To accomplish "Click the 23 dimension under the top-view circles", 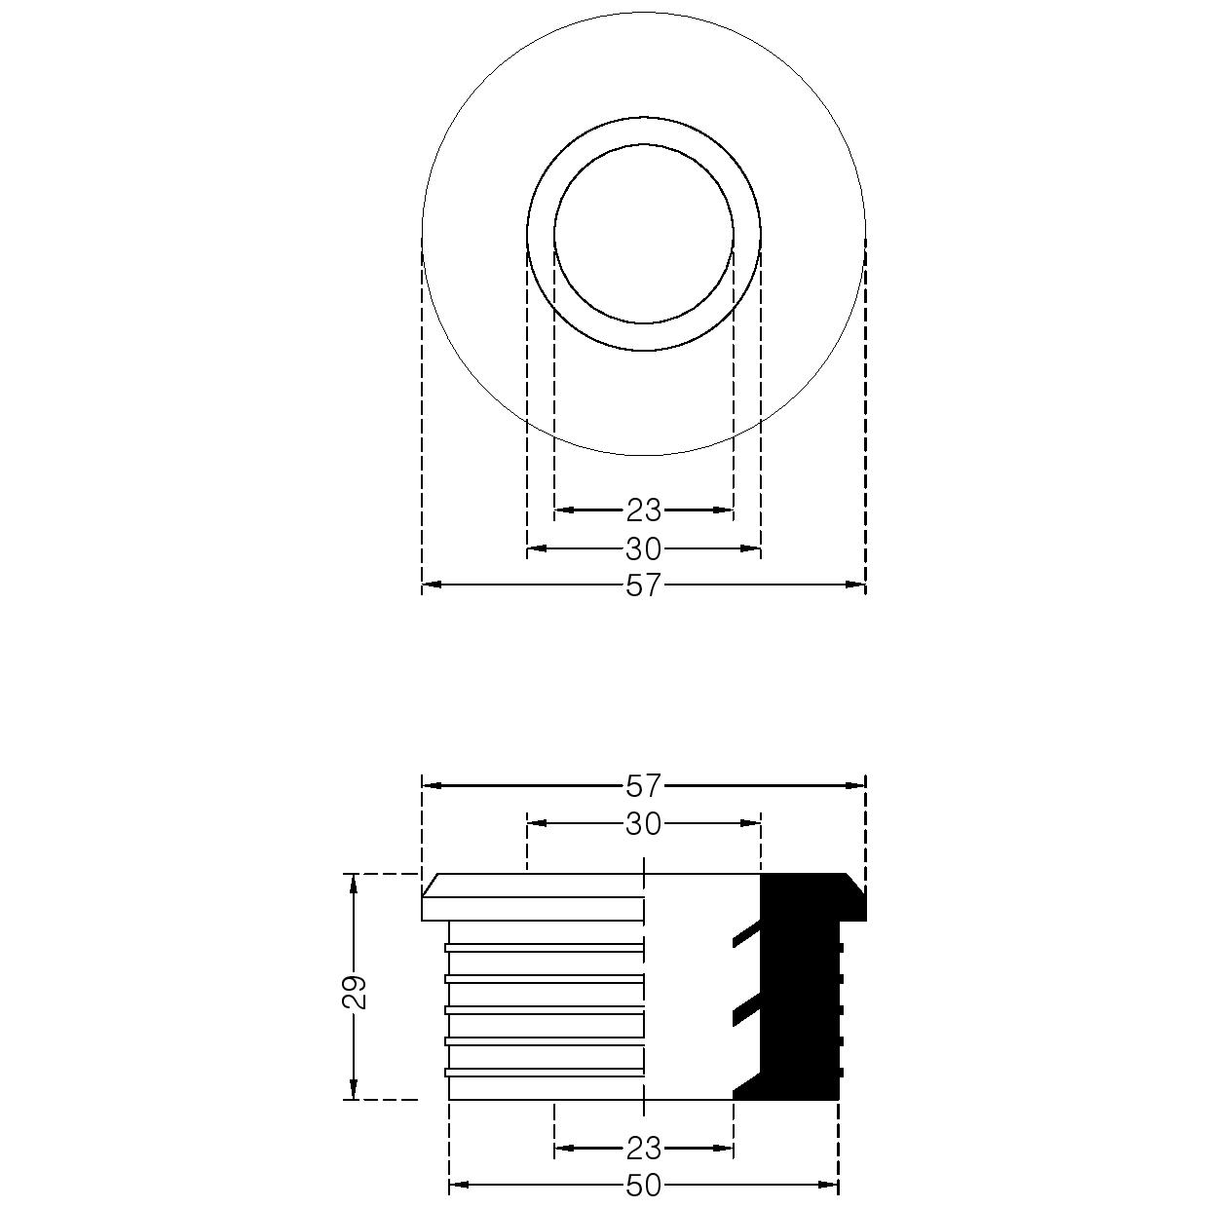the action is (x=644, y=510).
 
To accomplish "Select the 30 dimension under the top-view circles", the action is (x=644, y=549).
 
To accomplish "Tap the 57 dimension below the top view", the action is (x=644, y=585).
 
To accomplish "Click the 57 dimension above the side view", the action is (x=644, y=786).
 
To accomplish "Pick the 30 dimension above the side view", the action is (x=644, y=824).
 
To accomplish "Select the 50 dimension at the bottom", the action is (x=644, y=1186).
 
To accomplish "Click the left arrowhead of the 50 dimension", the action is (x=460, y=1185).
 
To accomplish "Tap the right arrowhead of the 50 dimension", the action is (x=828, y=1185).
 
